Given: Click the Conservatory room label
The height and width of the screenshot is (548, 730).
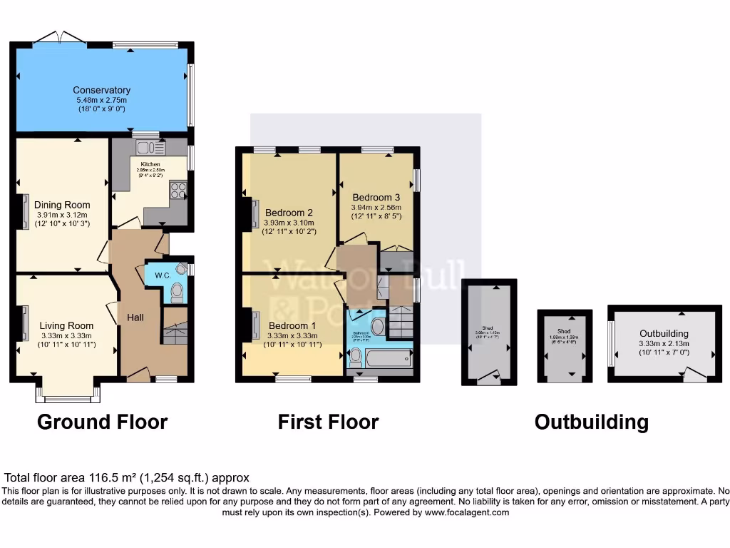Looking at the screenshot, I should click(x=101, y=90).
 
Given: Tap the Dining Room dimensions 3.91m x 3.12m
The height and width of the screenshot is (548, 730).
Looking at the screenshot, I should click(x=63, y=215).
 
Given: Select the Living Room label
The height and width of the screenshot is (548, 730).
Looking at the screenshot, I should click(x=66, y=325).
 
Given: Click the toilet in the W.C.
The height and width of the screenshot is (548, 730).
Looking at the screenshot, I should click(x=177, y=291).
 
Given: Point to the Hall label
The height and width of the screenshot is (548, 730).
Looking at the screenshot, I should click(x=135, y=316).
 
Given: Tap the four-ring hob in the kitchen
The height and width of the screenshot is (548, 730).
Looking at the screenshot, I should click(x=177, y=191).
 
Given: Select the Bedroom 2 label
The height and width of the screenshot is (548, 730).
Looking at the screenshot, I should click(x=289, y=212).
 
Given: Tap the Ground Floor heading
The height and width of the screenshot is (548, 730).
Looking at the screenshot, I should click(x=102, y=422).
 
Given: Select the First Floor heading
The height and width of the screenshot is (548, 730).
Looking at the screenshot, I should click(x=328, y=422).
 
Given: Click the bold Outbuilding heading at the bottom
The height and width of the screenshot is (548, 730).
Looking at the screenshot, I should click(x=591, y=422).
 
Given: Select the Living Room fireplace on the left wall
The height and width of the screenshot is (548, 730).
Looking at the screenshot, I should click(x=25, y=319).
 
